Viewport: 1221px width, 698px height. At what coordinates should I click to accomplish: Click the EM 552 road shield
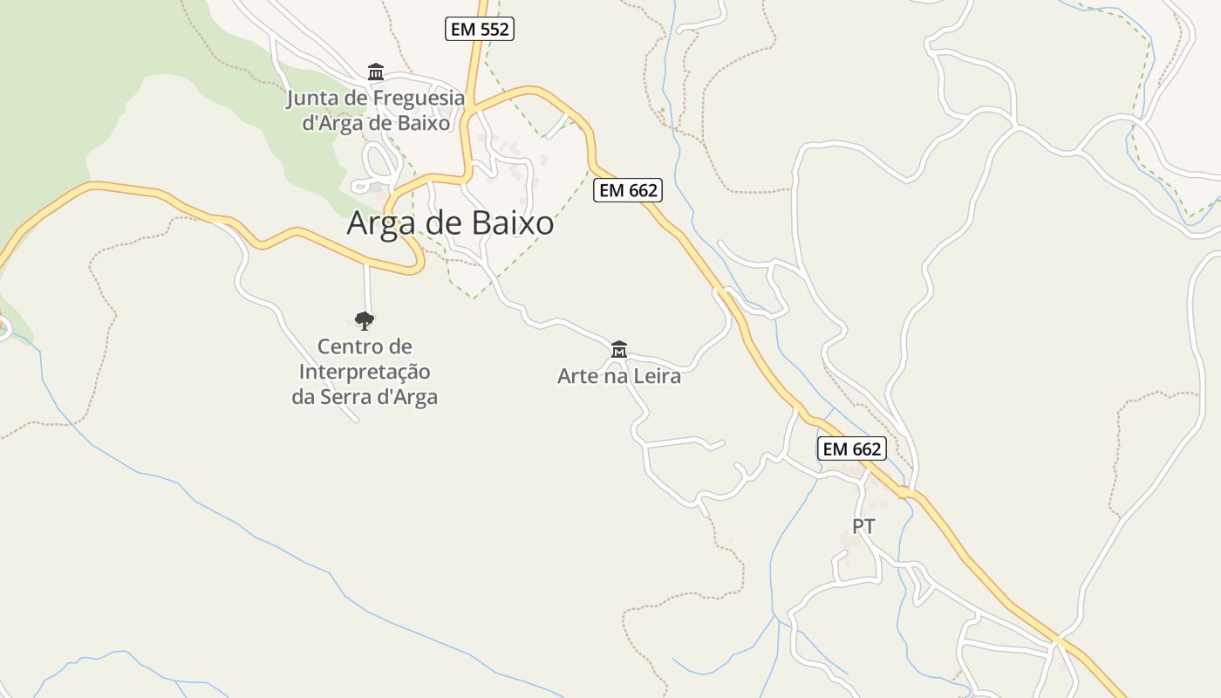point(480,29)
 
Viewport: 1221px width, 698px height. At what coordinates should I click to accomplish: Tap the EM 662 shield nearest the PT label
point(852,448)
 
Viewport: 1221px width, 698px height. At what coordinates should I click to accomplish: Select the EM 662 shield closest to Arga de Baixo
point(627,189)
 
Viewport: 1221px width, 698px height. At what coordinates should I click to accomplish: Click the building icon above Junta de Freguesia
point(376,72)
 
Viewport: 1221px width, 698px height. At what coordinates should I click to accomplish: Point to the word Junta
point(312,98)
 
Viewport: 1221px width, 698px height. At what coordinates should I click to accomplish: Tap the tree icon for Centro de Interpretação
point(365,321)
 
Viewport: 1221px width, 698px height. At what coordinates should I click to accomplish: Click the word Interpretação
point(365,372)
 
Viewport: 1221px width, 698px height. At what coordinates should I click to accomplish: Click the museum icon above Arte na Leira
point(619,350)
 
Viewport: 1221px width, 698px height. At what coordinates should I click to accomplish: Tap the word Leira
point(658,377)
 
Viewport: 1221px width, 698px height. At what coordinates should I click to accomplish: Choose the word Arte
point(576,377)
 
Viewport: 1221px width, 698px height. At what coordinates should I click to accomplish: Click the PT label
point(863,526)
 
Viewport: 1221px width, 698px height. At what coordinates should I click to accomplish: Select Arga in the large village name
point(383,223)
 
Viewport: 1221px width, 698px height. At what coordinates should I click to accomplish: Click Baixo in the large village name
point(513,223)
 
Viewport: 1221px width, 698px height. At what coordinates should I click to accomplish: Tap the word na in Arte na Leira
point(617,377)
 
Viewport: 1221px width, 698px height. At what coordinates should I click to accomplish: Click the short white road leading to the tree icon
point(367,288)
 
